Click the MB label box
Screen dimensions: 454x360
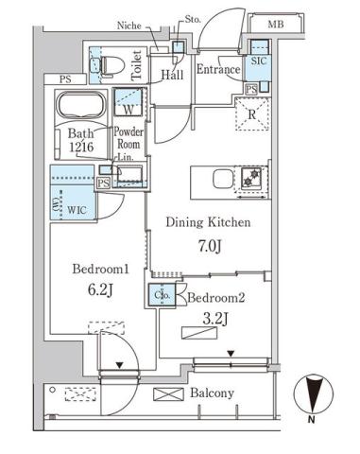coord(276,24)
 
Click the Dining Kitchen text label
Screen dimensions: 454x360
coord(208,224)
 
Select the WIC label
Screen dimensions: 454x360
coord(77,204)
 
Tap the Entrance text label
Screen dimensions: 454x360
coord(219,69)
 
